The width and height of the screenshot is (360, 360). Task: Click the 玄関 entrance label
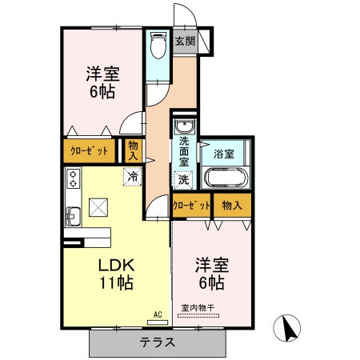185,42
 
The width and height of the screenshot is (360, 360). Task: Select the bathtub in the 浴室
226,177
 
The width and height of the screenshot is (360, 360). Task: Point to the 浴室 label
224,153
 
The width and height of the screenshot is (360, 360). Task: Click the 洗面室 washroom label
184,152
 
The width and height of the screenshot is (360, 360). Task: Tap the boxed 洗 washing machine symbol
183,180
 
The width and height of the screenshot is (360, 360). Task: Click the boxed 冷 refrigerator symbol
130,176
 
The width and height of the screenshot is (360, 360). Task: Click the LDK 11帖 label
115,274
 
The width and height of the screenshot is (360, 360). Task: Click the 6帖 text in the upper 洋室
102,92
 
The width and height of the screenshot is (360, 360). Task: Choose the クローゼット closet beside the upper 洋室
90,150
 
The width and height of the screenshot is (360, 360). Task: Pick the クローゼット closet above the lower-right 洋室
191,205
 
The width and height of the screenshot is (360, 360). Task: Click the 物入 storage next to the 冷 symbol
132,150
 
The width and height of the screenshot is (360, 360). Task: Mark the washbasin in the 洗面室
184,127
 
